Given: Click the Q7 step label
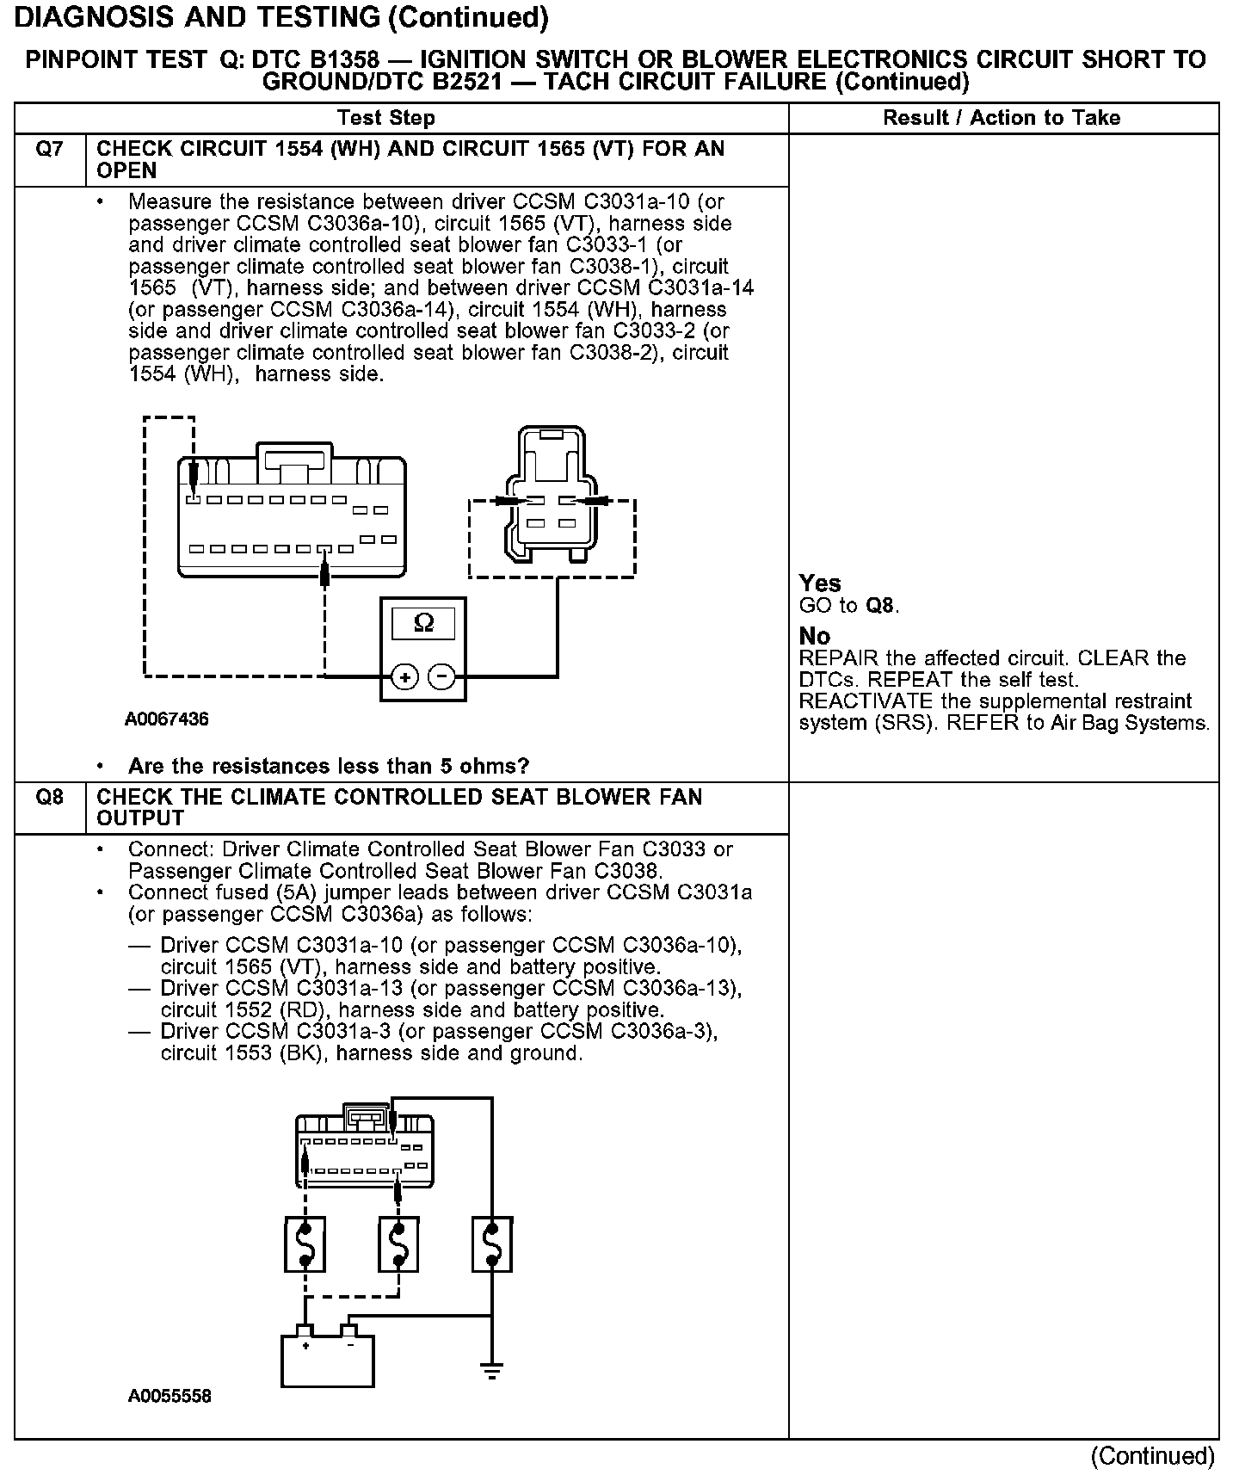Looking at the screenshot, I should click(x=49, y=150).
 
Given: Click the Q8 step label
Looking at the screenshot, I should click(x=49, y=797).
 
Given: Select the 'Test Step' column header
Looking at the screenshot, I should click(x=386, y=118).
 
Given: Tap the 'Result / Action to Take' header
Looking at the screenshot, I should click(x=1002, y=118).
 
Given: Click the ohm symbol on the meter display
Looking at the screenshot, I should click(x=423, y=622).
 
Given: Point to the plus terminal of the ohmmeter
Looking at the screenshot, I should click(x=404, y=677).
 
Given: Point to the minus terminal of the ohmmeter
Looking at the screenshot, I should click(x=442, y=677).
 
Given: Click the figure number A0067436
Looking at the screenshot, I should click(x=166, y=719).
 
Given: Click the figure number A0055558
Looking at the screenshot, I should click(x=170, y=1396).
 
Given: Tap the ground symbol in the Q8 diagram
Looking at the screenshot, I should click(x=491, y=1372).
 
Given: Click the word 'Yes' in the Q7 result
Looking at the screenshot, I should click(x=819, y=583).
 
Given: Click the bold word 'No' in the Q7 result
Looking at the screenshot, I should click(x=814, y=637).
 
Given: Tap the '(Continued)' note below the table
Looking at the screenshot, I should click(x=1152, y=1456).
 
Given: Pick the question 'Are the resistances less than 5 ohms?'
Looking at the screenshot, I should click(x=328, y=766).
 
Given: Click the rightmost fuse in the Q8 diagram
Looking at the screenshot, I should click(x=492, y=1244).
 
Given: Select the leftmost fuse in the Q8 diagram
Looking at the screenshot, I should click(x=305, y=1244).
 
